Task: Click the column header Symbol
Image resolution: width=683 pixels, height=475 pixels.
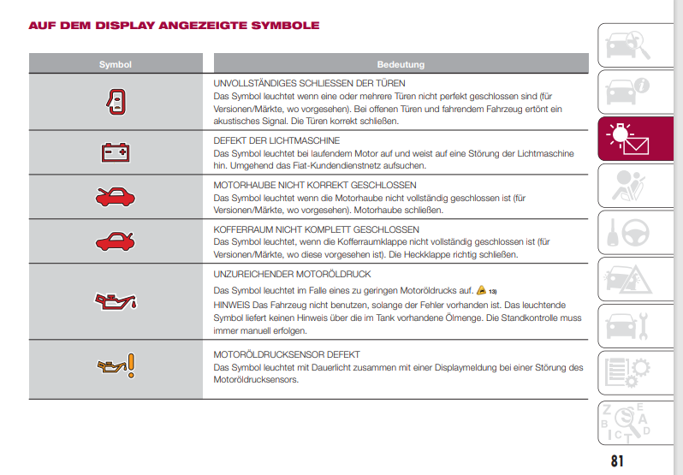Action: [115, 64]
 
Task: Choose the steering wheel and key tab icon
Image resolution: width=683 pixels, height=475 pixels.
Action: [627, 232]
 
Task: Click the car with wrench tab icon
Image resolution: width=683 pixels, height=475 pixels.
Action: [627, 324]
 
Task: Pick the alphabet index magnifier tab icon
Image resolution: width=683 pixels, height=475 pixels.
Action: [627, 420]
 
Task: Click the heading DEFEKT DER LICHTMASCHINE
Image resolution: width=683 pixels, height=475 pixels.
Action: [276, 140]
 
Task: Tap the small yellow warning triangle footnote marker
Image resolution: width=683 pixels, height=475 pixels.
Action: [482, 290]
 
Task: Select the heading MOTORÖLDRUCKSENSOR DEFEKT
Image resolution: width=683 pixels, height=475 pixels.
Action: [286, 354]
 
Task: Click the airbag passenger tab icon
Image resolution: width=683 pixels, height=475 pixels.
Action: [627, 185]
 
